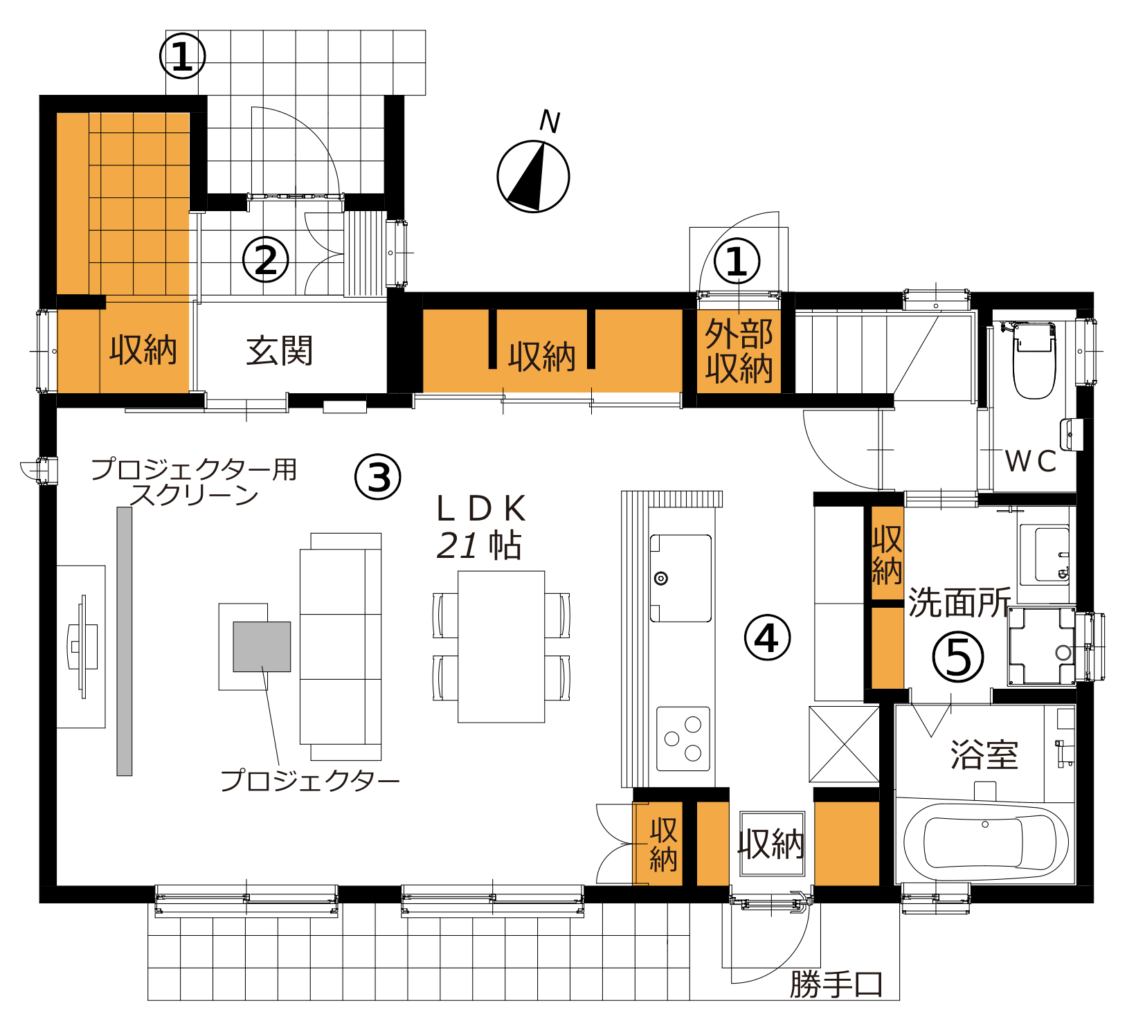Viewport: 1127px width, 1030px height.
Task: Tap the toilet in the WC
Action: (1034, 360)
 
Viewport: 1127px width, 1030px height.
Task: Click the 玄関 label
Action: (280, 350)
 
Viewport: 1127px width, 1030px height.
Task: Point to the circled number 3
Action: (378, 477)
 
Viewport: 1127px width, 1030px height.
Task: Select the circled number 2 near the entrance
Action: (266, 260)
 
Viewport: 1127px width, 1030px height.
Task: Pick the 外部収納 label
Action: (739, 351)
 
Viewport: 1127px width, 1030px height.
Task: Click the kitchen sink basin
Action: (680, 578)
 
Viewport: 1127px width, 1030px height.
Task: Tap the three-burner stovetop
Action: (683, 739)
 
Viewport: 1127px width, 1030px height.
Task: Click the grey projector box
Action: (262, 647)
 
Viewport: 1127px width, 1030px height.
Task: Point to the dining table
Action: (501, 647)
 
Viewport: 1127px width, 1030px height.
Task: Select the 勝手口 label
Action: (836, 984)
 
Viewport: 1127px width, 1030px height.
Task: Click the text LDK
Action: (481, 509)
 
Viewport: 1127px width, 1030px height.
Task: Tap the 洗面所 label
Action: (959, 602)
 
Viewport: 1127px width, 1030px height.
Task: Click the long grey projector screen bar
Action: (125, 641)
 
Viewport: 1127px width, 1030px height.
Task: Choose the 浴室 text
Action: (984, 755)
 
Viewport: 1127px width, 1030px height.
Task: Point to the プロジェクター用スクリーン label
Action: (194, 482)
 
